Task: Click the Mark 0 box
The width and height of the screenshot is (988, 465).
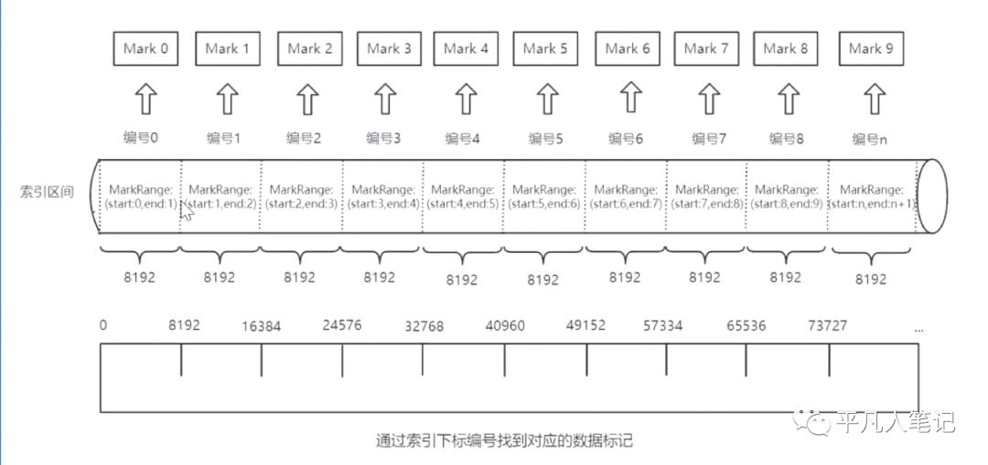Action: pos(145,48)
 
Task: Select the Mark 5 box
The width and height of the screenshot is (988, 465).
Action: pos(546,48)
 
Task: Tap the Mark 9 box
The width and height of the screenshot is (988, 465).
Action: pos(871,48)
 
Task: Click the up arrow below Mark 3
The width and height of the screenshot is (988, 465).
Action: pos(387,97)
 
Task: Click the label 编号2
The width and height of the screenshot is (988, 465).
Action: pos(304,139)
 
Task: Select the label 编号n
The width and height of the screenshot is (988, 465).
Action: pos(869,139)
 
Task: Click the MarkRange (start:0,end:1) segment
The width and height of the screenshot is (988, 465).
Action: pos(140,196)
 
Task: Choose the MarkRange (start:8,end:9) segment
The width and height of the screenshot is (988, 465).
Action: pos(786,196)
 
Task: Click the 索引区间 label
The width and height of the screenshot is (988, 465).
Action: pos(47,193)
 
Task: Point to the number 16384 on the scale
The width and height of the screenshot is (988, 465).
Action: pos(263,326)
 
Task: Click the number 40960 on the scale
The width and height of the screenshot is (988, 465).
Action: pos(506,326)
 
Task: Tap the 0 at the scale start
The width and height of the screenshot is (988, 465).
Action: pos(103,325)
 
